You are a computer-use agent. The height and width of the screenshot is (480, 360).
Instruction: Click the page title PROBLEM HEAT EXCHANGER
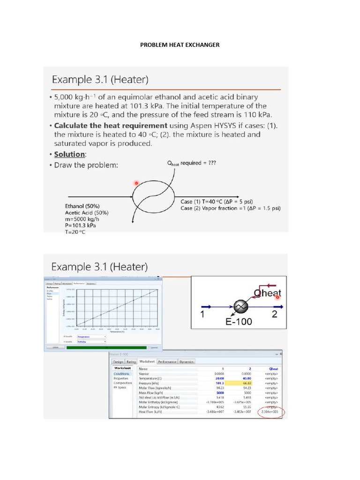point(180,45)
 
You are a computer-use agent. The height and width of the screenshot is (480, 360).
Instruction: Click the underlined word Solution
point(69,154)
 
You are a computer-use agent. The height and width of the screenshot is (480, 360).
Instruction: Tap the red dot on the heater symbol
point(136,183)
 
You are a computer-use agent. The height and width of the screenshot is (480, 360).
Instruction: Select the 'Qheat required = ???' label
point(192,163)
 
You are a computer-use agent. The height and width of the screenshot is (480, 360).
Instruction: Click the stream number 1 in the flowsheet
point(202,315)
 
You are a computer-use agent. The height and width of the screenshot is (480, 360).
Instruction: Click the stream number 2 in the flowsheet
point(274,315)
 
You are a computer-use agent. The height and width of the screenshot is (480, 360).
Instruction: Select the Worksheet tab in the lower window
point(146,361)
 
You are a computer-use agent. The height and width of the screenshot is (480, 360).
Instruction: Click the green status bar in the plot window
point(106,347)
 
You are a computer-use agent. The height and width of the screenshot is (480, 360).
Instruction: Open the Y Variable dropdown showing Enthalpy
point(91,342)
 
